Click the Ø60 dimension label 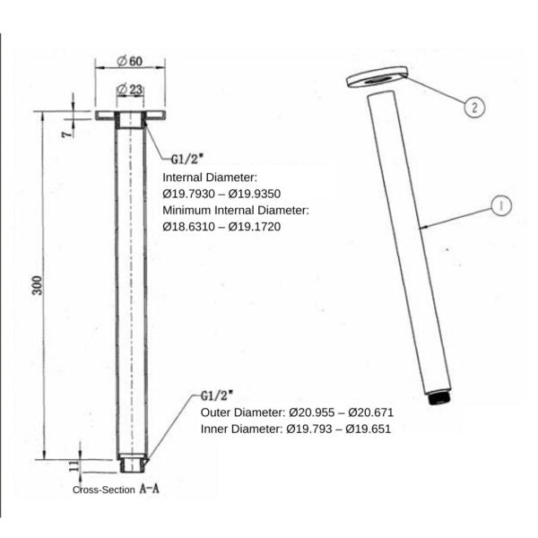[130, 61]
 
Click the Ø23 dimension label [130, 89]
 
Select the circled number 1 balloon [500, 206]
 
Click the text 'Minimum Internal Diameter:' [235, 210]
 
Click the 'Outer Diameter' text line [297, 412]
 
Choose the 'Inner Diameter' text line [296, 429]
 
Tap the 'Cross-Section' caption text [103, 490]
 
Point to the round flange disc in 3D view [375, 80]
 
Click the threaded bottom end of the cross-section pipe [131, 464]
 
